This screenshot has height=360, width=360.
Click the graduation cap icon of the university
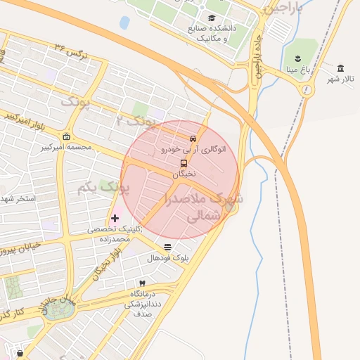tap(212, 18)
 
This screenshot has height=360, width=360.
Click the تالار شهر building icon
tap(341, 67)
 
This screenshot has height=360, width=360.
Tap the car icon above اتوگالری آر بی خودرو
tap(193, 138)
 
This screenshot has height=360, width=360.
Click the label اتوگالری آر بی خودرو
tap(184, 149)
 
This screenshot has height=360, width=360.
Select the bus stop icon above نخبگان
tap(184, 163)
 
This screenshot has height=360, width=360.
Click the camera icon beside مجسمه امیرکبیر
tap(66, 136)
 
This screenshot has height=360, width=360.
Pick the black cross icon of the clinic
tap(115, 219)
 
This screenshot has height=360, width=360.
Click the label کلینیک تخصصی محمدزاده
tap(114, 234)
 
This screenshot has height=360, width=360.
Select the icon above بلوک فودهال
tap(167, 247)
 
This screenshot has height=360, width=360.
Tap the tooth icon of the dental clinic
tap(143, 283)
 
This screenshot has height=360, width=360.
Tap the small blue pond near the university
tap(124, 22)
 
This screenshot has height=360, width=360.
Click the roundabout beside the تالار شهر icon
tap(307, 89)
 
